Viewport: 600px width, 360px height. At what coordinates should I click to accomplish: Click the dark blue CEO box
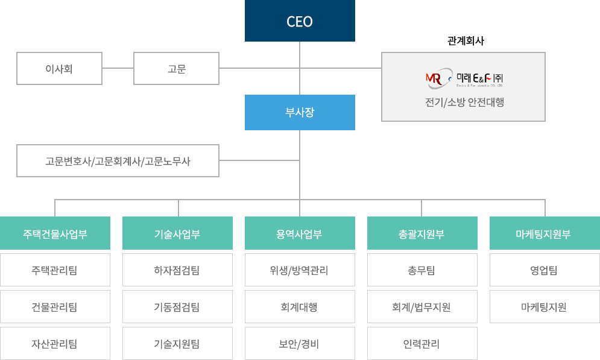(x=300, y=22)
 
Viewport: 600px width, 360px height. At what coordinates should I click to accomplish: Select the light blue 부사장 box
(x=300, y=112)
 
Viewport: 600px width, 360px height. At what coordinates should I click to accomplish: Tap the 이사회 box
(x=59, y=69)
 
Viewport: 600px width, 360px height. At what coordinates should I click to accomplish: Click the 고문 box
(x=176, y=69)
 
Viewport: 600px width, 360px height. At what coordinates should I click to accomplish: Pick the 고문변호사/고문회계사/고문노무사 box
(x=118, y=161)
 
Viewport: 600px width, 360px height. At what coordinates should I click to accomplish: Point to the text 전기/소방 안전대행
(x=464, y=102)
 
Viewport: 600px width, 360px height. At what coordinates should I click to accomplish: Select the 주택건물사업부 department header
(x=55, y=233)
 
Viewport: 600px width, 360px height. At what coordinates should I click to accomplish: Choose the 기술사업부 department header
(x=177, y=233)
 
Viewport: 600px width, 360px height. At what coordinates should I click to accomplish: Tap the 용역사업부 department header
(x=300, y=233)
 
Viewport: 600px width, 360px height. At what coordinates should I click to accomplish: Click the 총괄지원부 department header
(x=422, y=233)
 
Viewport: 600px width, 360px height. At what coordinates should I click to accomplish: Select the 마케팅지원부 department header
(x=544, y=233)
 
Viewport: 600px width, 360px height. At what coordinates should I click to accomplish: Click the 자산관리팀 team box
(x=55, y=344)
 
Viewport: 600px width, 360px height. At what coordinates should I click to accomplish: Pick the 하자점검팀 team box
(x=177, y=270)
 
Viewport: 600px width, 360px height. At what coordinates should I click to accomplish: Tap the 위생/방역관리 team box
(x=300, y=270)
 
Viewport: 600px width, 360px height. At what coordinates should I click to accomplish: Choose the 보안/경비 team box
(x=300, y=344)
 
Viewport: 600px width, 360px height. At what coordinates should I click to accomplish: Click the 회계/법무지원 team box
(x=422, y=308)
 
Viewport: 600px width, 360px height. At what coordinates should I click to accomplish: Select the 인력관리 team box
(x=422, y=344)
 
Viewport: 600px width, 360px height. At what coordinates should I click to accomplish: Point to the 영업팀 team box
(x=544, y=270)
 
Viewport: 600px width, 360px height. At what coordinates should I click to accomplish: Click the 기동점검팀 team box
(x=177, y=308)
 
